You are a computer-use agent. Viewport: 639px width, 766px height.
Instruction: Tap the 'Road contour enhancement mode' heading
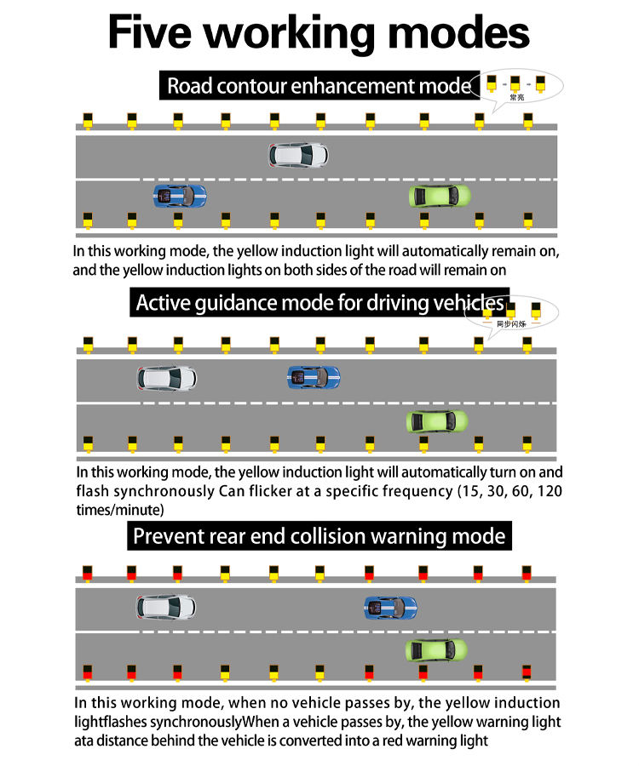318,86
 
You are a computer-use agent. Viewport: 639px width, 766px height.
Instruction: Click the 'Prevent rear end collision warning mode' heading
319,536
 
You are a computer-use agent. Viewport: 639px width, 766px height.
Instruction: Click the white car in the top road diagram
298,154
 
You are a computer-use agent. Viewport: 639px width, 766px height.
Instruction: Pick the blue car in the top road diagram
180,196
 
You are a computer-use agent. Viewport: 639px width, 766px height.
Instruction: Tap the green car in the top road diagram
440,196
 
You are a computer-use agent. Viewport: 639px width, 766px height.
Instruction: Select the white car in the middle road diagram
168,377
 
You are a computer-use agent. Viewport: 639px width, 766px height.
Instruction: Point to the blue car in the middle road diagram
314,376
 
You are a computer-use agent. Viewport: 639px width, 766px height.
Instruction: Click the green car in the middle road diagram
437,420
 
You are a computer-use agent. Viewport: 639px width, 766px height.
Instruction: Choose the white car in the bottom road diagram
166,607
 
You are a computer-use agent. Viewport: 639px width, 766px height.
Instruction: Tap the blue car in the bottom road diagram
391,608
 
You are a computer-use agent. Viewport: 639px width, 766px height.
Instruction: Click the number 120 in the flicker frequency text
550,491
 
